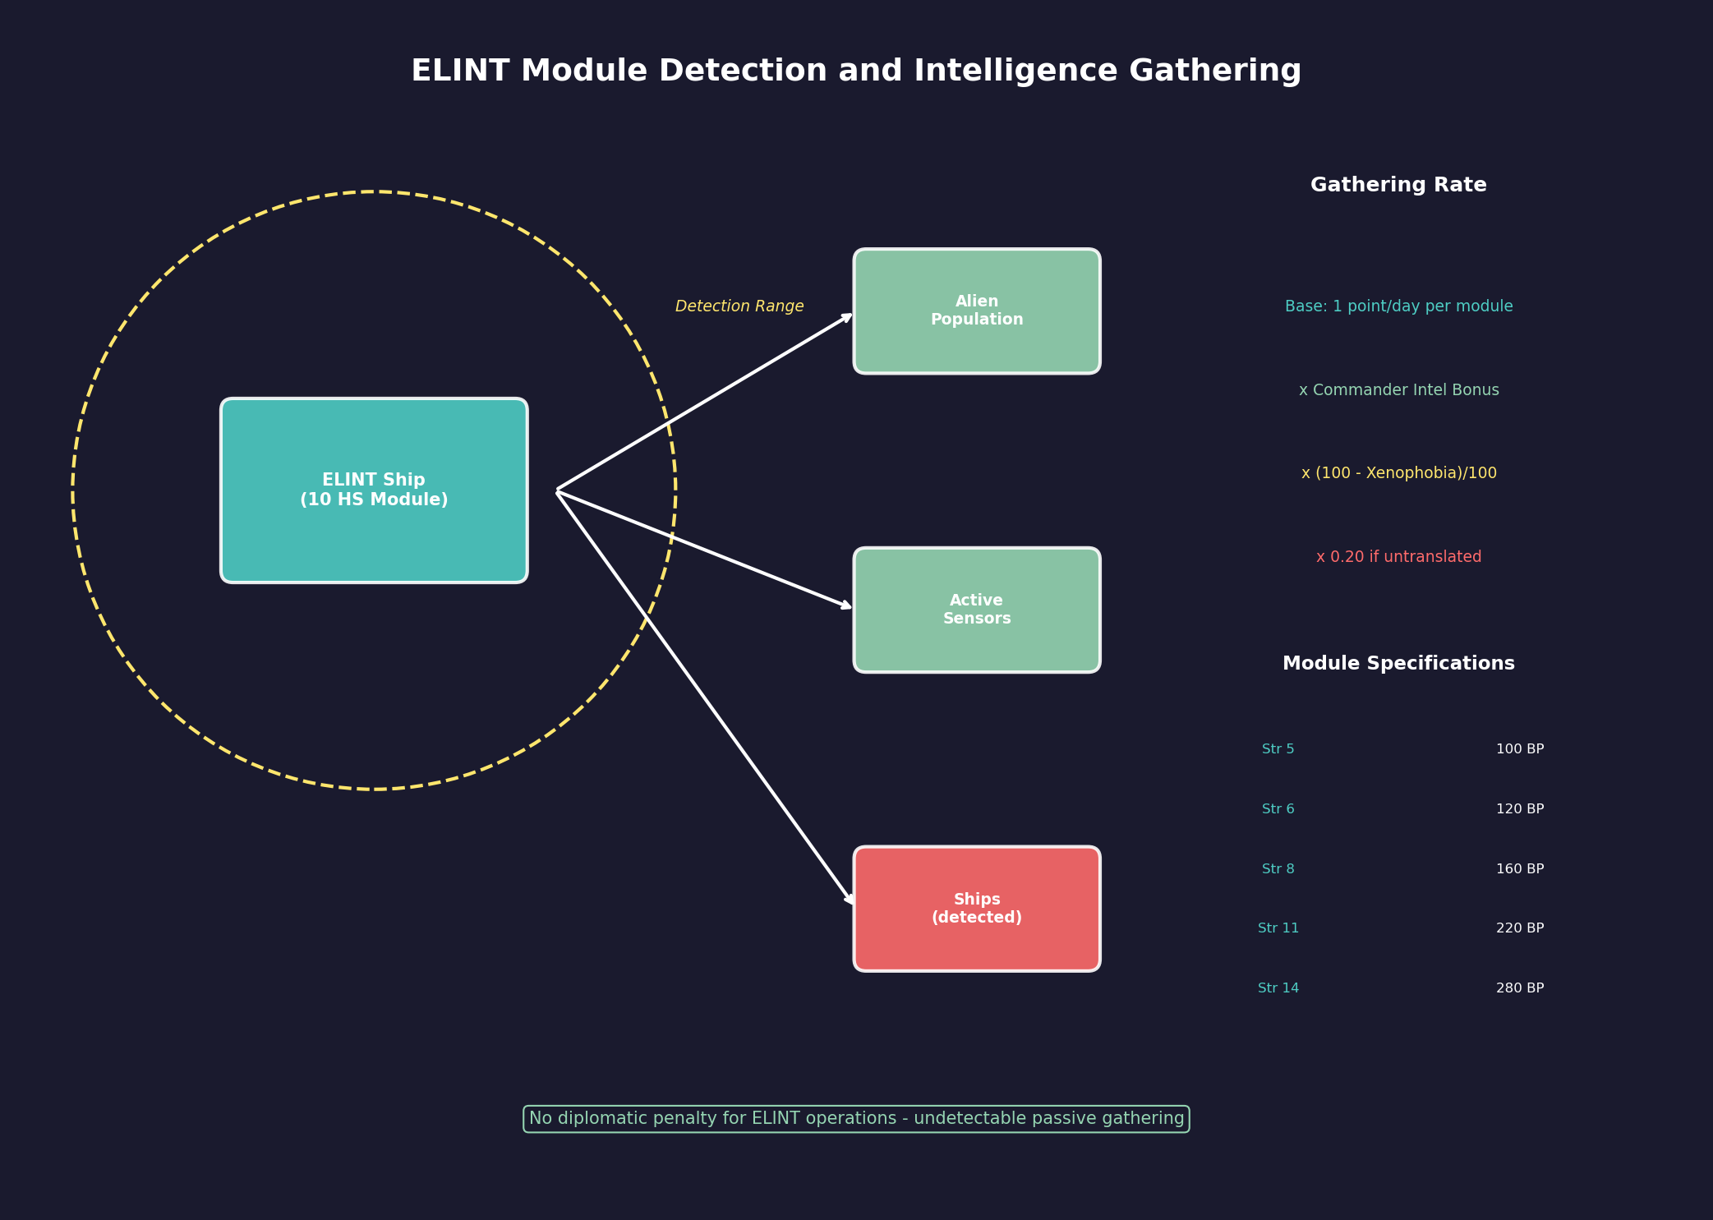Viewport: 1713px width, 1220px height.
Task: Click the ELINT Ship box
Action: click(374, 490)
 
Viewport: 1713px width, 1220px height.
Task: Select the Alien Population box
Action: click(976, 311)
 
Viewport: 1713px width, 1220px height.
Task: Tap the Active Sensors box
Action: click(976, 610)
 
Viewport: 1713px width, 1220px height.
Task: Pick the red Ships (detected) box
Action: click(976, 909)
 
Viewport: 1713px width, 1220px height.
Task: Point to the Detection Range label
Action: click(739, 306)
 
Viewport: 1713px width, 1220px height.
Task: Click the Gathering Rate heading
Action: click(1398, 186)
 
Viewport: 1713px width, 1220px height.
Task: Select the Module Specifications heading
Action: click(1398, 664)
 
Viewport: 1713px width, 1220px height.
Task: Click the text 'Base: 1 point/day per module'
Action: click(1398, 306)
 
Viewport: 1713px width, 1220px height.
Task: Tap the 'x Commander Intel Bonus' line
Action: click(1398, 390)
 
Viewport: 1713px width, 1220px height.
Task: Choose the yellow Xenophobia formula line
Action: click(1398, 473)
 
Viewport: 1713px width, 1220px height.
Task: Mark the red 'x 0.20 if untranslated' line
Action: click(1398, 557)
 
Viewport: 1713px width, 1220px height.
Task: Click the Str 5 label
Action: click(1278, 749)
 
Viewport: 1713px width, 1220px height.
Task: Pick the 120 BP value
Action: click(1519, 809)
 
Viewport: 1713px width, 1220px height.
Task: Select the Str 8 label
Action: click(1278, 869)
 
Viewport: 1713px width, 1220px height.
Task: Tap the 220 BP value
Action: click(1519, 928)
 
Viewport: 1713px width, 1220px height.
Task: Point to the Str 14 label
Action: click(1278, 988)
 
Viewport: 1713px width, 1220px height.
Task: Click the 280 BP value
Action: click(1519, 988)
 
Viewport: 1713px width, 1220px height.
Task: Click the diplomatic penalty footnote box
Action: click(856, 1119)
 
